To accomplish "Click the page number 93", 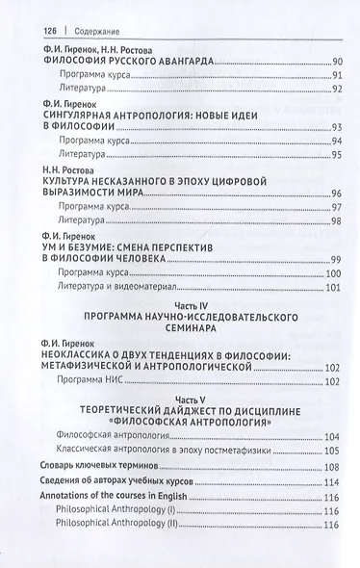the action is point(337,127).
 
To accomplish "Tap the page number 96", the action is point(337,193).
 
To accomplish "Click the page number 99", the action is point(337,258).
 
